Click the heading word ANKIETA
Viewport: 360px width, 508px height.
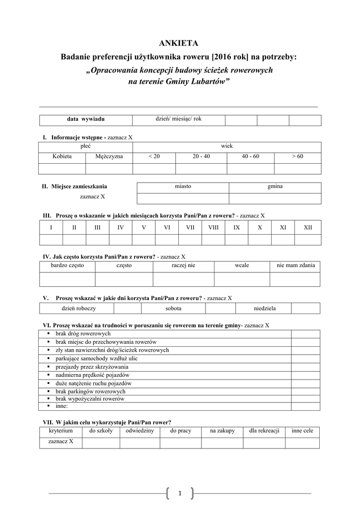pos(180,44)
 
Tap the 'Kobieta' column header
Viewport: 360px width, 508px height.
pos(62,156)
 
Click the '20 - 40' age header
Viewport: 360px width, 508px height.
pos(202,156)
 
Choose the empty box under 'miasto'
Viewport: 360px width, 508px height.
pos(183,198)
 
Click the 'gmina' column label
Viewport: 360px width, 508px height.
pos(275,186)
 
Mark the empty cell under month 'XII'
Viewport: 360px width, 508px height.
pos(308,240)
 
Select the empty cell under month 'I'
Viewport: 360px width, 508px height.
pos(51,240)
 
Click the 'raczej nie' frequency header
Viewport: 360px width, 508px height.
pos(184,266)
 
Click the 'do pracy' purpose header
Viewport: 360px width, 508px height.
pos(181,431)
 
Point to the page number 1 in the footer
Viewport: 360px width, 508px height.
pos(180,493)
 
